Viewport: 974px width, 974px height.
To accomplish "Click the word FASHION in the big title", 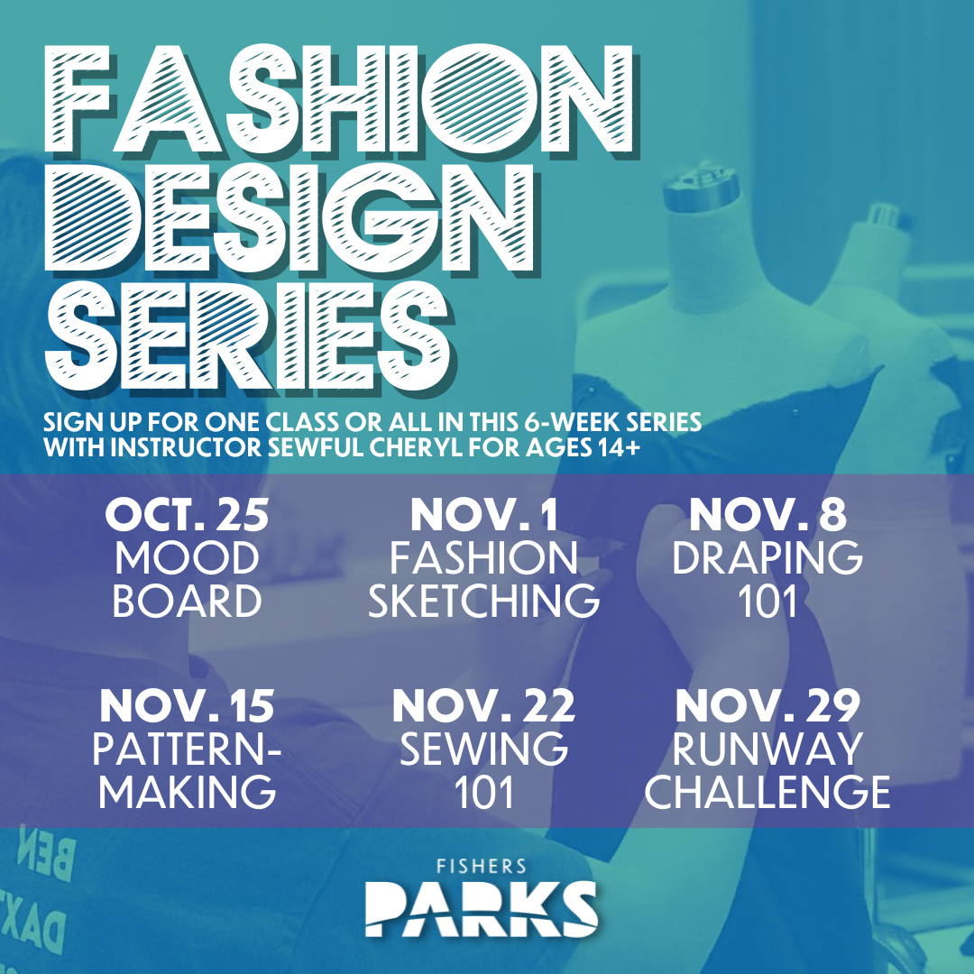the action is [340, 100].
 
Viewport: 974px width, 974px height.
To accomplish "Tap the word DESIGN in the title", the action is [290, 218].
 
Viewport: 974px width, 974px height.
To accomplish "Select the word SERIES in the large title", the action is [250, 337].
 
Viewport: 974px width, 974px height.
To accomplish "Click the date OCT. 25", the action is [187, 515].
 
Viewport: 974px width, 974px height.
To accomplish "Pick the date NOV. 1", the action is [484, 515].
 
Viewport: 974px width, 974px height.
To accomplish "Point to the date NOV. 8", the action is [767, 515].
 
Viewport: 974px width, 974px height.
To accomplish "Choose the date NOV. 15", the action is [187, 706].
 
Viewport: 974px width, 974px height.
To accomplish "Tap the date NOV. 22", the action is [484, 706].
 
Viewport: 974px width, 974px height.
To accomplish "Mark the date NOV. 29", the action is [767, 706].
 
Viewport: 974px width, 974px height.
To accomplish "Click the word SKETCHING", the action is [484, 600].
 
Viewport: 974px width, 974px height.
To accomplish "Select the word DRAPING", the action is [767, 557].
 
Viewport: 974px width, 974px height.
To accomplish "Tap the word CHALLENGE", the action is [767, 792].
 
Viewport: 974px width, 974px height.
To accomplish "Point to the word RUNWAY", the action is [767, 749].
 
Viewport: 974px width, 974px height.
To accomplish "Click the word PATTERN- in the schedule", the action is [187, 749].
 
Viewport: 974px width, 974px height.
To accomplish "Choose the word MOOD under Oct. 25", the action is [187, 557].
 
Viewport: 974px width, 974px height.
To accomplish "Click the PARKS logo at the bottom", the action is [482, 908].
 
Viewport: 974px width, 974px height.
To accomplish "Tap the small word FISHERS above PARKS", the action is [482, 866].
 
